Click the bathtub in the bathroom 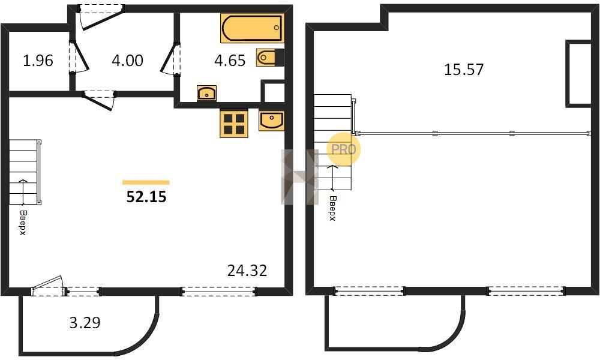[252, 28]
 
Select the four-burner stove [234, 123]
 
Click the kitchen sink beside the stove [271, 121]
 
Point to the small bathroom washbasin [206, 93]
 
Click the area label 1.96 [38, 61]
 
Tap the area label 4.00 [127, 61]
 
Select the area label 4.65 [230, 61]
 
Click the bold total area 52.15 [146, 197]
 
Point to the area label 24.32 [247, 271]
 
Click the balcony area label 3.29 [85, 323]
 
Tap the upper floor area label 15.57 [464, 70]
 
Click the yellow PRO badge [344, 149]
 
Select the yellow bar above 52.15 [146, 182]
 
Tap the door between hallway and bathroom [170, 59]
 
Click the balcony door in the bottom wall [47, 286]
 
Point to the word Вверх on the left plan [23, 223]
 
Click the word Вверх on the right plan [332, 209]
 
